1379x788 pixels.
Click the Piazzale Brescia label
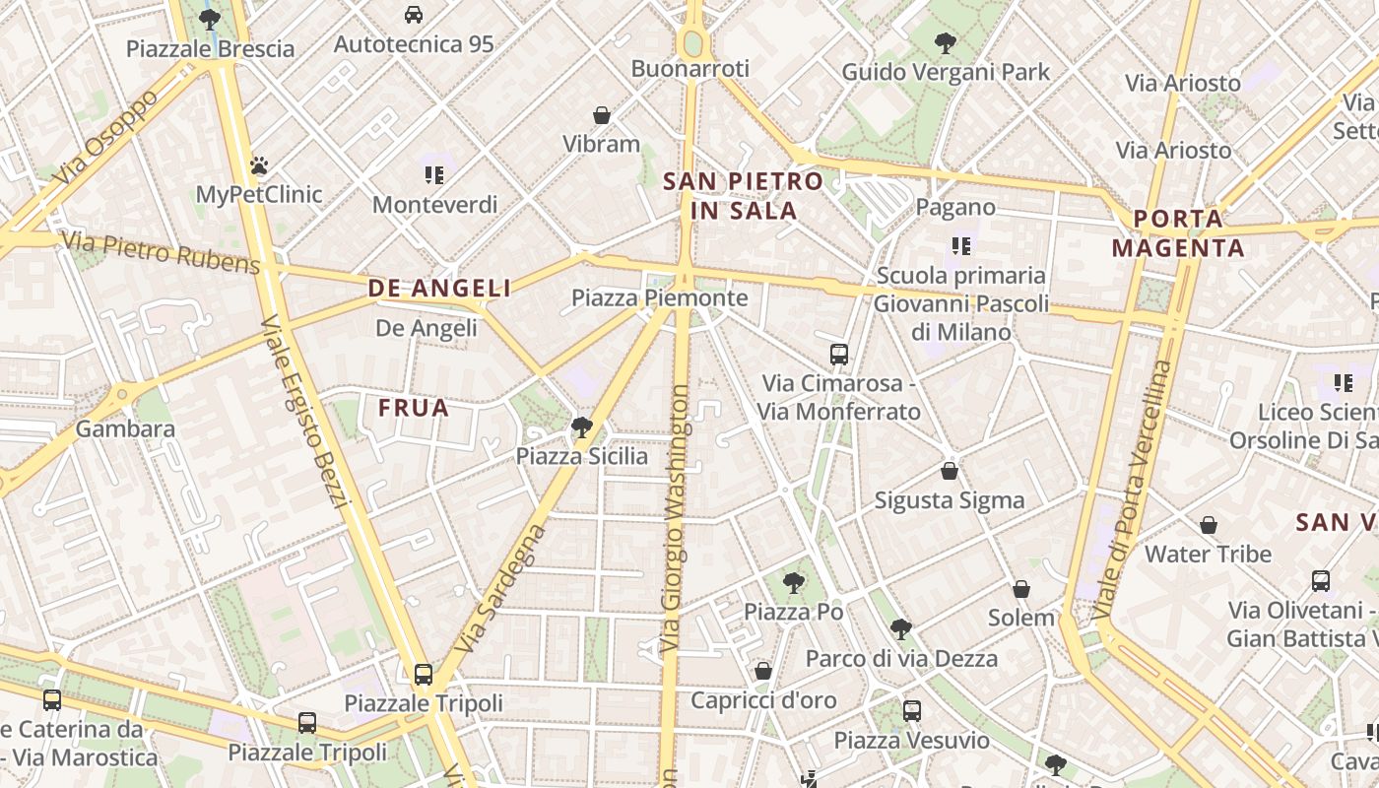210,48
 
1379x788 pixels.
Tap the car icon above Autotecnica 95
414,15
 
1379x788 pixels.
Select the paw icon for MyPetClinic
259,165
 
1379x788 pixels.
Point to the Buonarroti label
690,69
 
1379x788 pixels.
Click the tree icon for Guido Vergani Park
946,43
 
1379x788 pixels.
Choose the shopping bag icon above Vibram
602,115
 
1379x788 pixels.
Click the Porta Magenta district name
1178,233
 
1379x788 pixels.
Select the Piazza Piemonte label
660,297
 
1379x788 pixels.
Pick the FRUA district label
414,408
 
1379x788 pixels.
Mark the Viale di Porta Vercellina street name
1133,490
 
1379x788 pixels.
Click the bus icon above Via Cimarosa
839,355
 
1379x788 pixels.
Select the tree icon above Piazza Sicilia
582,427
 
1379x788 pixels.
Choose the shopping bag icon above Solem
1021,589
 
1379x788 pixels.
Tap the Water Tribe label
1208,554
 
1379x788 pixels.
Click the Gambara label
125,429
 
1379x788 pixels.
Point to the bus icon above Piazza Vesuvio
912,710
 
